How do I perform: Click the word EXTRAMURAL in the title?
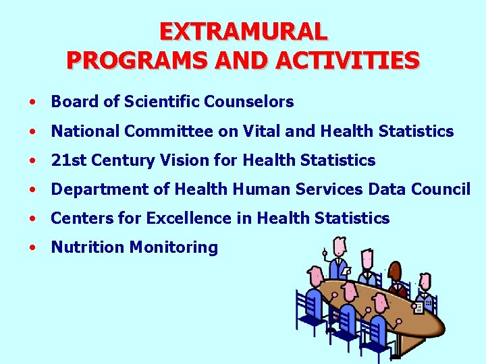pos(243,31)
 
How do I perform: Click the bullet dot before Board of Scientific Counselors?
pos(32,102)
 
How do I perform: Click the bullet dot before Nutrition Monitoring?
pos(32,247)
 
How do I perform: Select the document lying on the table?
pos(418,307)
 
